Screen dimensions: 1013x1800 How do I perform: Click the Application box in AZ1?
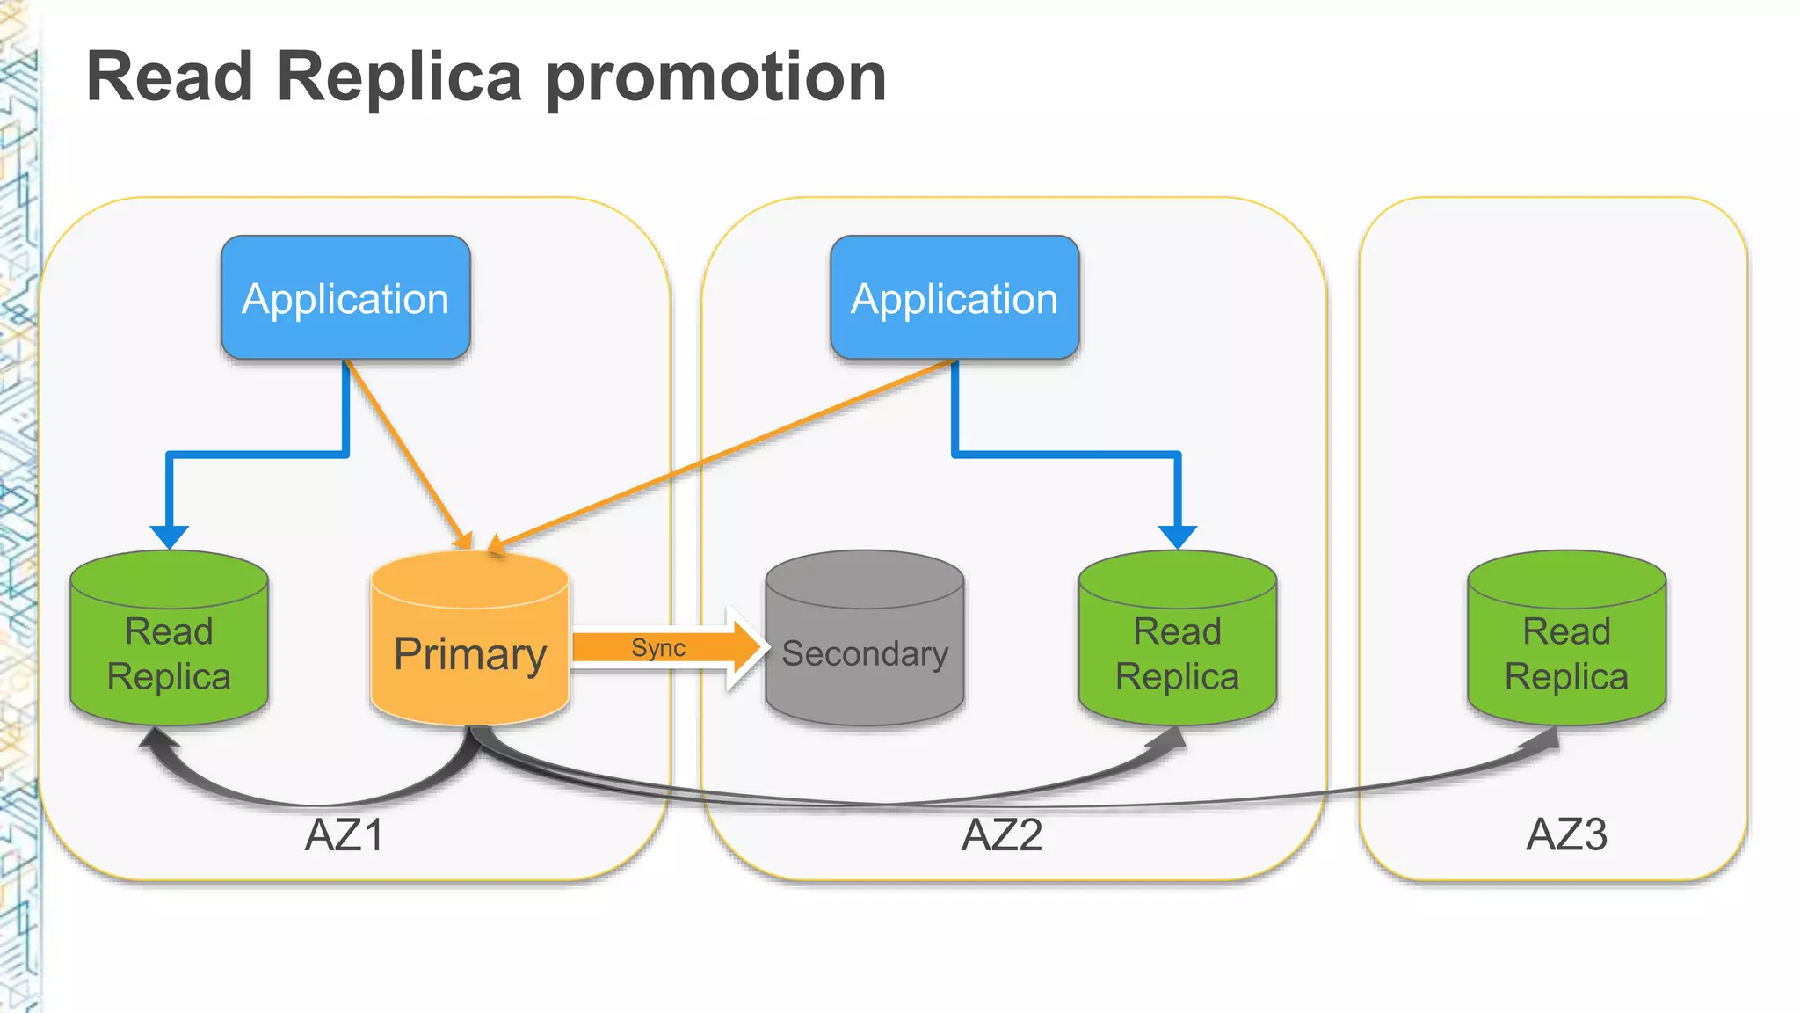(345, 298)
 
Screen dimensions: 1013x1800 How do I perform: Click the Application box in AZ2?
(954, 298)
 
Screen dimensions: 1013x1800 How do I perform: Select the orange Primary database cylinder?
(470, 651)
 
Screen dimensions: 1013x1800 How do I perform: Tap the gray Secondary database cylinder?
(864, 651)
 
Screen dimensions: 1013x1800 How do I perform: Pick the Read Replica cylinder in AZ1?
(169, 651)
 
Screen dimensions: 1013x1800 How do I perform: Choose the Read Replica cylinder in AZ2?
(1177, 651)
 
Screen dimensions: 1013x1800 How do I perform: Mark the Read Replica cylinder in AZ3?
(1566, 651)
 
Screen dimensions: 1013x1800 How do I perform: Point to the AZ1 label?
(344, 834)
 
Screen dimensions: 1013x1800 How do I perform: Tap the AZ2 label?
(1001, 834)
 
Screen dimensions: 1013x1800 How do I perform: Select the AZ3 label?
(1566, 834)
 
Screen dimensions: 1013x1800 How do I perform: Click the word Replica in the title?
(400, 77)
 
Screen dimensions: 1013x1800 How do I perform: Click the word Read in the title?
(171, 77)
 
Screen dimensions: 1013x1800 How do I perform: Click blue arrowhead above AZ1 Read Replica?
(169, 536)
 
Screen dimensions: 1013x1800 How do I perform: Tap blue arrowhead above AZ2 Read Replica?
(1177, 536)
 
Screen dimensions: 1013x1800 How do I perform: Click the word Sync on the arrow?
(657, 648)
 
